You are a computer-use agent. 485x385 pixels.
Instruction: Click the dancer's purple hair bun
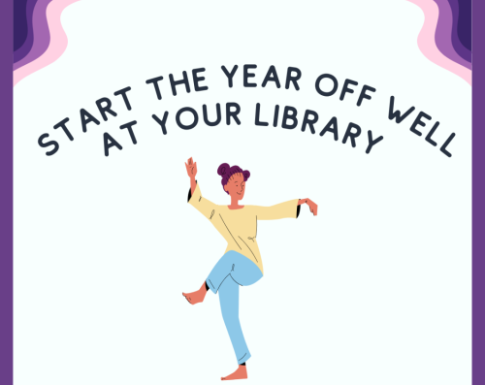tap(226, 170)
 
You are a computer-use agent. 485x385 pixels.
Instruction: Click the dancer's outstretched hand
tap(309, 204)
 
